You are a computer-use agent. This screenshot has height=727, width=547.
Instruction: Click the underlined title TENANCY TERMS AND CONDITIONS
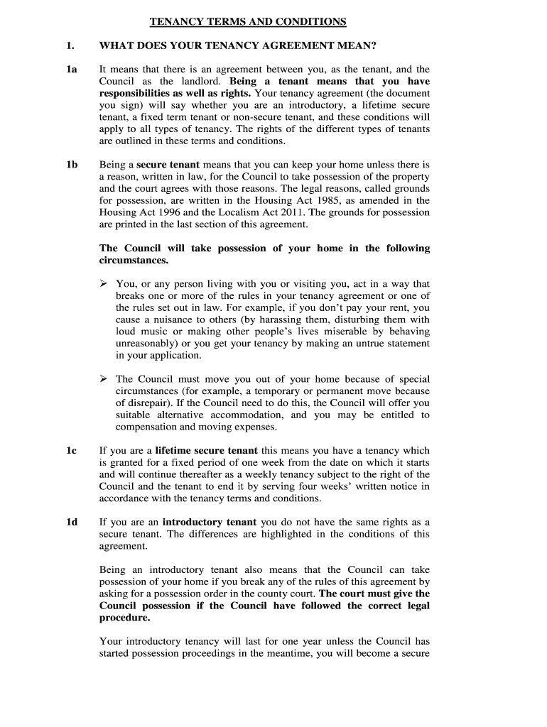pyautogui.click(x=248, y=22)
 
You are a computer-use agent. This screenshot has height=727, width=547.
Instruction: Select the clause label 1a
pyautogui.click(x=72, y=70)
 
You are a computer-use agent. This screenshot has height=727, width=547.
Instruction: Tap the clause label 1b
pyautogui.click(x=72, y=165)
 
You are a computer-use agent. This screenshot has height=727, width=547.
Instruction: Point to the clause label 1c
pyautogui.click(x=72, y=450)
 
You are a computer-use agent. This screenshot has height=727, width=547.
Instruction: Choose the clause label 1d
pyautogui.click(x=72, y=523)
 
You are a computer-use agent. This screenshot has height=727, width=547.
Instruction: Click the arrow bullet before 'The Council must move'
pyautogui.click(x=104, y=379)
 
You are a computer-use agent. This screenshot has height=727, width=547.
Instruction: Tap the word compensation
pyautogui.click(x=146, y=427)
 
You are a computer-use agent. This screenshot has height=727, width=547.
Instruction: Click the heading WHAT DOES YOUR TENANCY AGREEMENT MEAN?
pyautogui.click(x=237, y=46)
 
